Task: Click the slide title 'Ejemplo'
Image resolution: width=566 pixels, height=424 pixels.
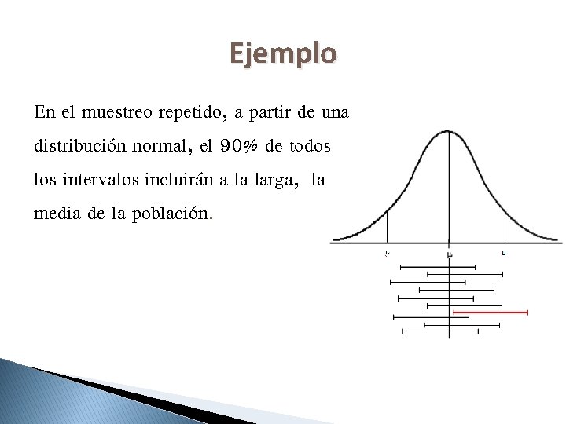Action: coord(283,53)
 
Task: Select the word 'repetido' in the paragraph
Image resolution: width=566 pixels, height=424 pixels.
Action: coord(193,112)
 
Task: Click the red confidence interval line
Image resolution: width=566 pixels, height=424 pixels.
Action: coord(491,313)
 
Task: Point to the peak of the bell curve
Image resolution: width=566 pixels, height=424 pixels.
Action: coord(448,130)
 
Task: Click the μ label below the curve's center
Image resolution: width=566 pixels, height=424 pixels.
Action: coord(449,254)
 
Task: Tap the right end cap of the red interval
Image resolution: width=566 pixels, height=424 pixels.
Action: coord(527,313)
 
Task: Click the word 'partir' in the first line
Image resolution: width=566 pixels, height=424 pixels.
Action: coord(271,112)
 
